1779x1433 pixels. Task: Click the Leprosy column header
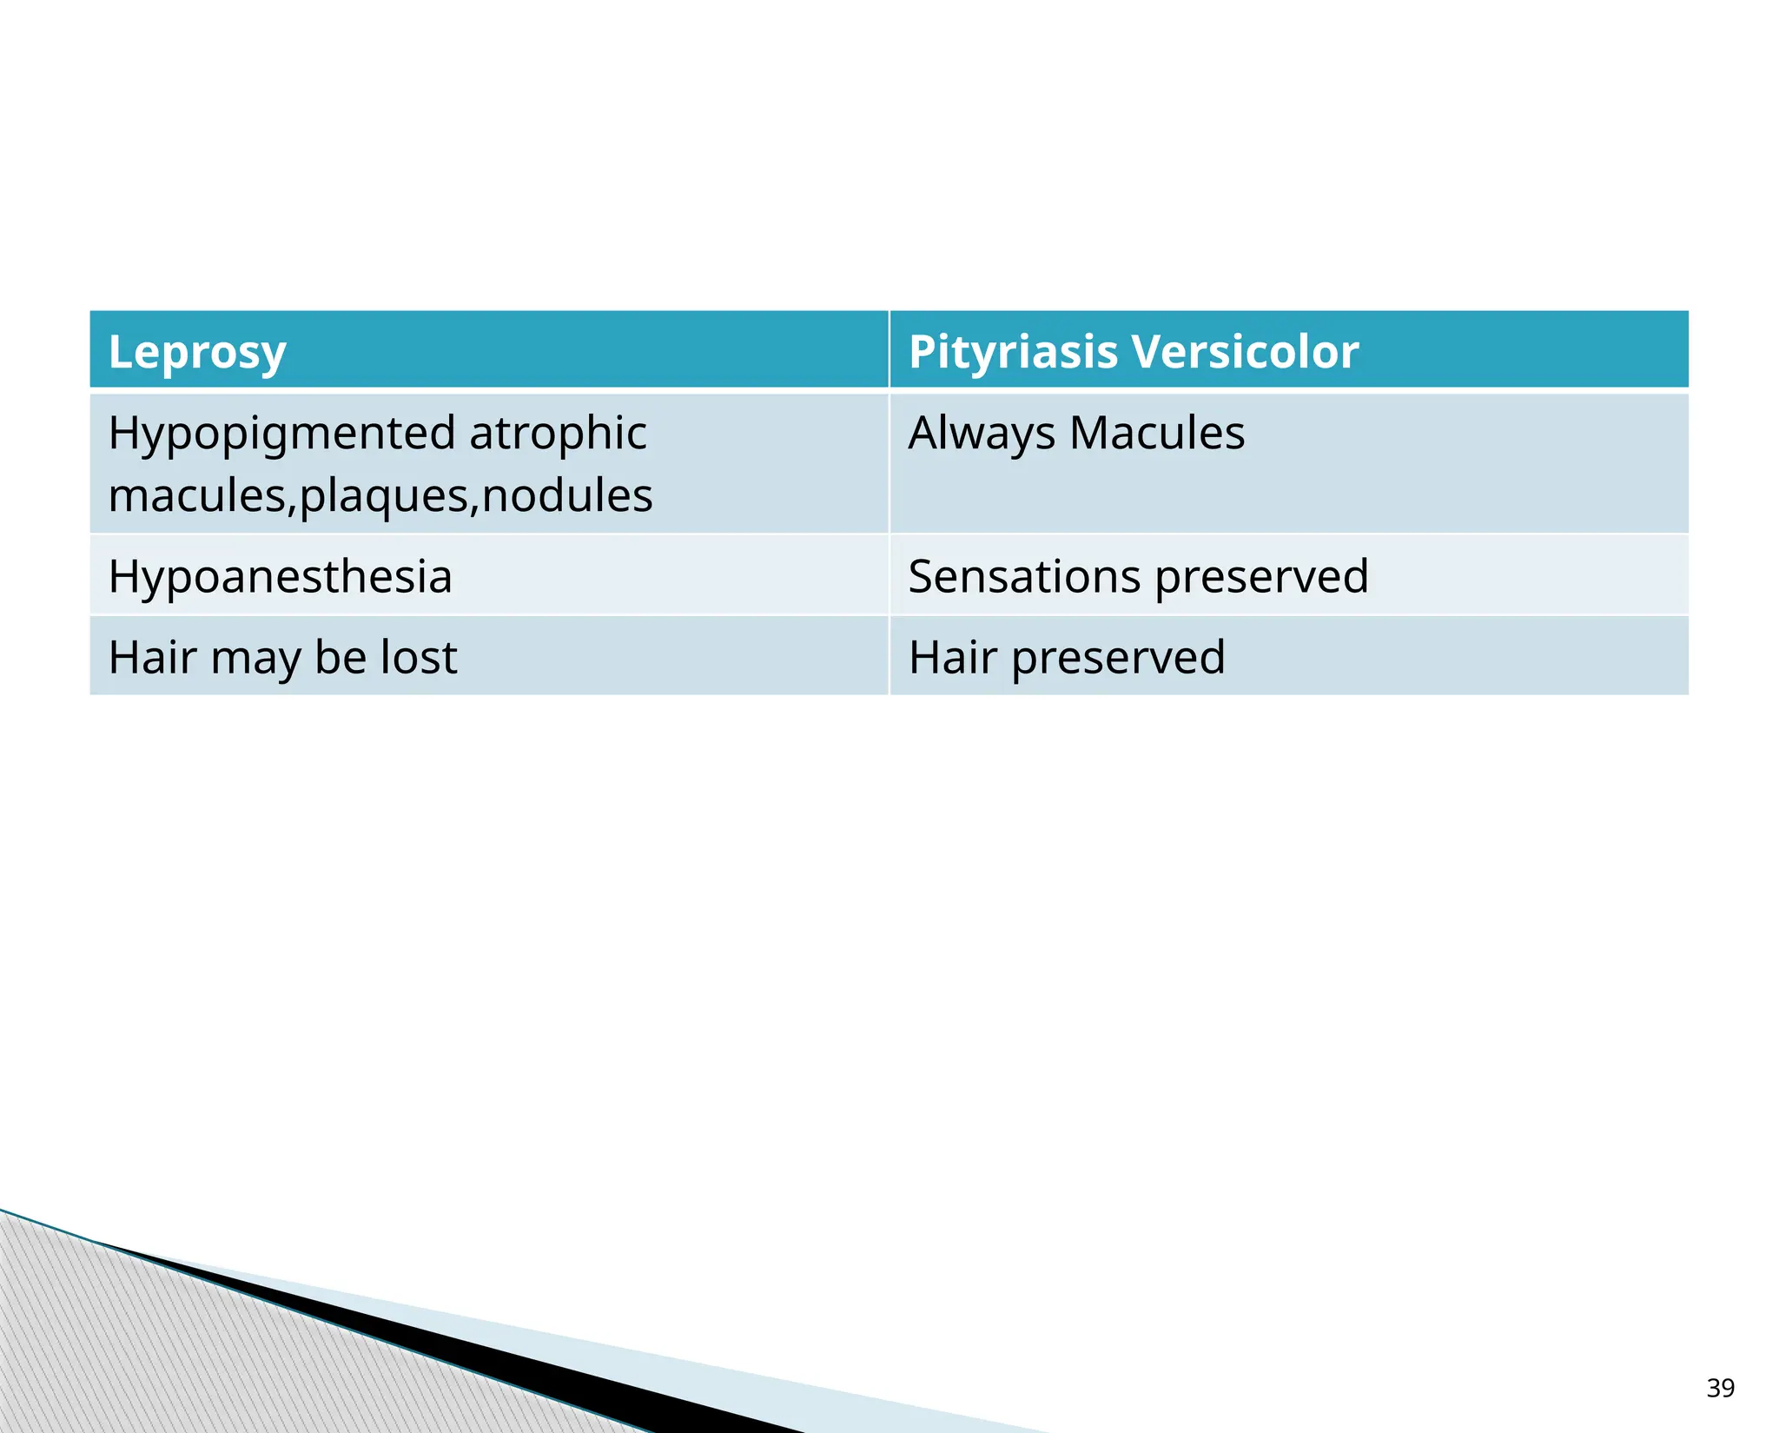coord(197,352)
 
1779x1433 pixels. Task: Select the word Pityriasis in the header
coord(1013,352)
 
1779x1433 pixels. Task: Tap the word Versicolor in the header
coord(1245,352)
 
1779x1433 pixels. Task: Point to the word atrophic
coord(558,432)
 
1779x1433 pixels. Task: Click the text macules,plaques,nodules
coord(380,495)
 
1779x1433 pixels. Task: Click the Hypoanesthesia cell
coord(280,576)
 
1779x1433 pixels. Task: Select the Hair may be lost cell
coord(282,658)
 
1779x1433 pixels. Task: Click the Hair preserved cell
coord(1066,658)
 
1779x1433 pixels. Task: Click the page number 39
coord(1720,1388)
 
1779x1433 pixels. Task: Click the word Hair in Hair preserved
coord(952,657)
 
